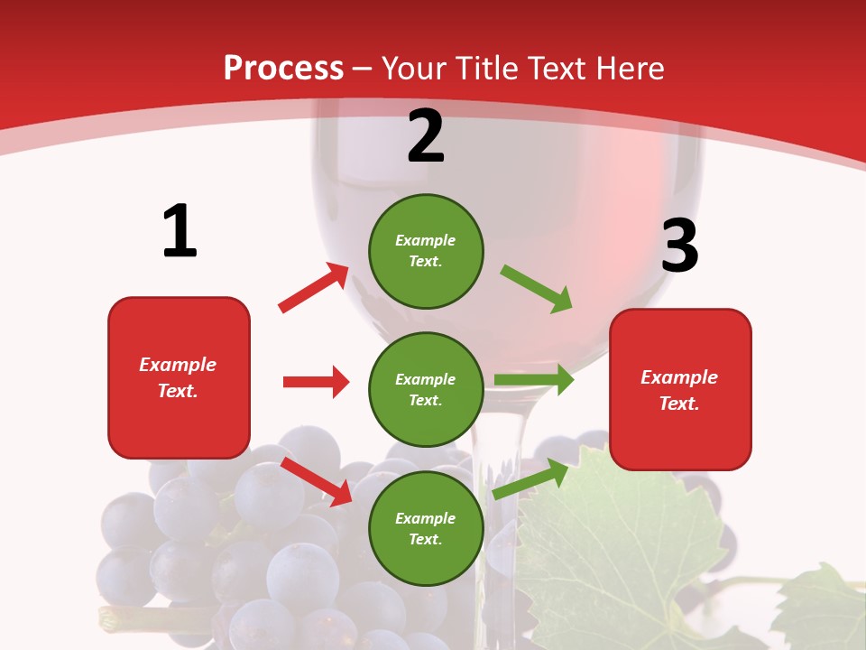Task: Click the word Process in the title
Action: tap(283, 69)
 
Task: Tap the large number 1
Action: tap(180, 232)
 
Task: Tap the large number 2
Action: tap(426, 136)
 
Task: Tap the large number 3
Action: tap(679, 246)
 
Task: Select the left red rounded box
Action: tap(179, 377)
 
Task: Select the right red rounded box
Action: tap(680, 389)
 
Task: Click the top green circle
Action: tap(426, 250)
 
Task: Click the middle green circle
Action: tap(426, 389)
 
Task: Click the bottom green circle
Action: tap(426, 528)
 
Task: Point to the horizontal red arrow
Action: tap(316, 382)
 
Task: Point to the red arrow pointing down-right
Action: tap(317, 481)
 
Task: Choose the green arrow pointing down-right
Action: tap(537, 289)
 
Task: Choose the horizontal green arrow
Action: tap(533, 380)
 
